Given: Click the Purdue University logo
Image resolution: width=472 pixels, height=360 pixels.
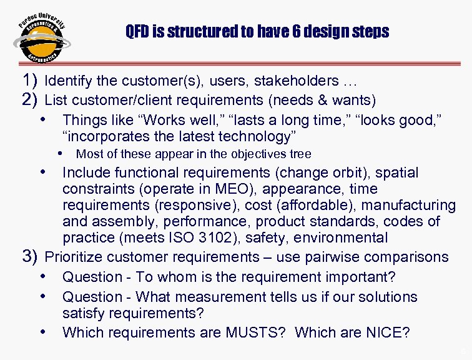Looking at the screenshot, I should click(x=41, y=38).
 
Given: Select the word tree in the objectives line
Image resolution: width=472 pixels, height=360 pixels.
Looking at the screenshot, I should click(x=300, y=154).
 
